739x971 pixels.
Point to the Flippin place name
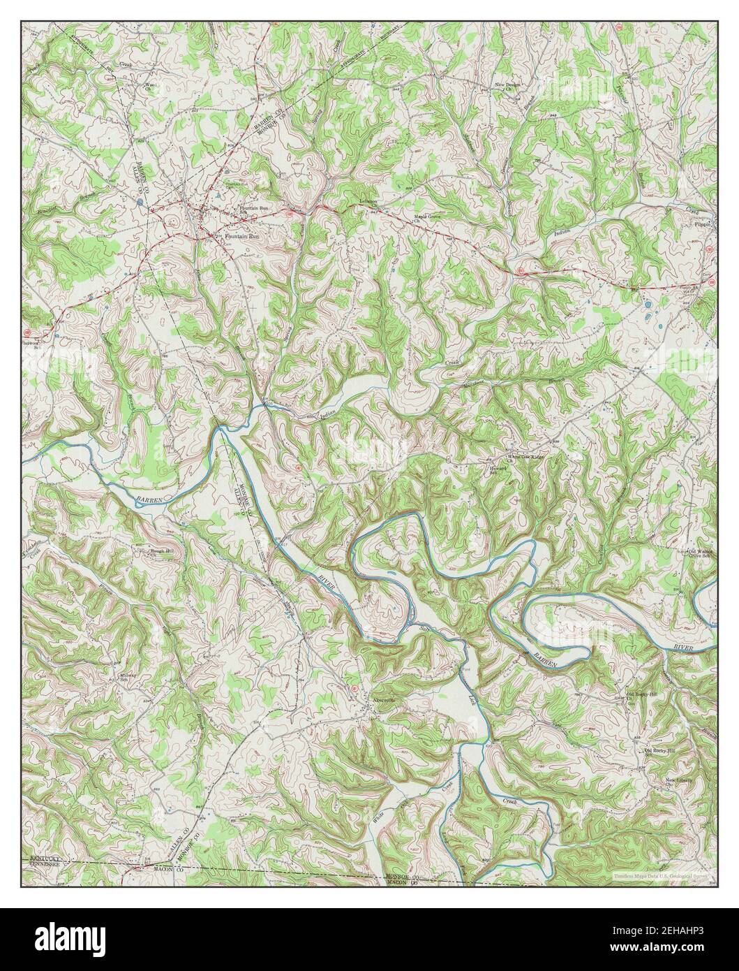(700, 226)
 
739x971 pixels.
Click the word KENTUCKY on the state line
(46, 856)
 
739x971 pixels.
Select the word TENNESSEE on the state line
(45, 863)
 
